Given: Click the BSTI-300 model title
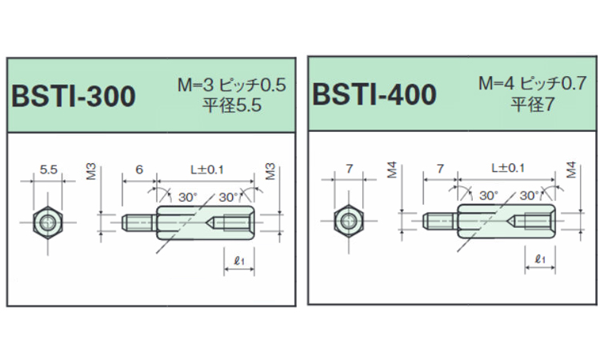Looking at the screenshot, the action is (74, 96).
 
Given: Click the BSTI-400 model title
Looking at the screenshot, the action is (374, 94).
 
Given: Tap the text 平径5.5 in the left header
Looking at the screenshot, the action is (232, 105).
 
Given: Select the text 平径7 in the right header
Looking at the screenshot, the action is (532, 103).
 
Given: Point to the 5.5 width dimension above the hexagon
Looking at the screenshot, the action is (49, 169).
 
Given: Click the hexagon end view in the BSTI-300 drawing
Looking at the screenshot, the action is (48, 222).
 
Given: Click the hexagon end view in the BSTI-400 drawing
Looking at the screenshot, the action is (349, 221).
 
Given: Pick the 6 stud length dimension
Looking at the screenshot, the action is (139, 169).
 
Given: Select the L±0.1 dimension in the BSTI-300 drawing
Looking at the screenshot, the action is (207, 169).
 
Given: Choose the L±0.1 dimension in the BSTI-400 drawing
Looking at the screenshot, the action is (508, 167).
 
